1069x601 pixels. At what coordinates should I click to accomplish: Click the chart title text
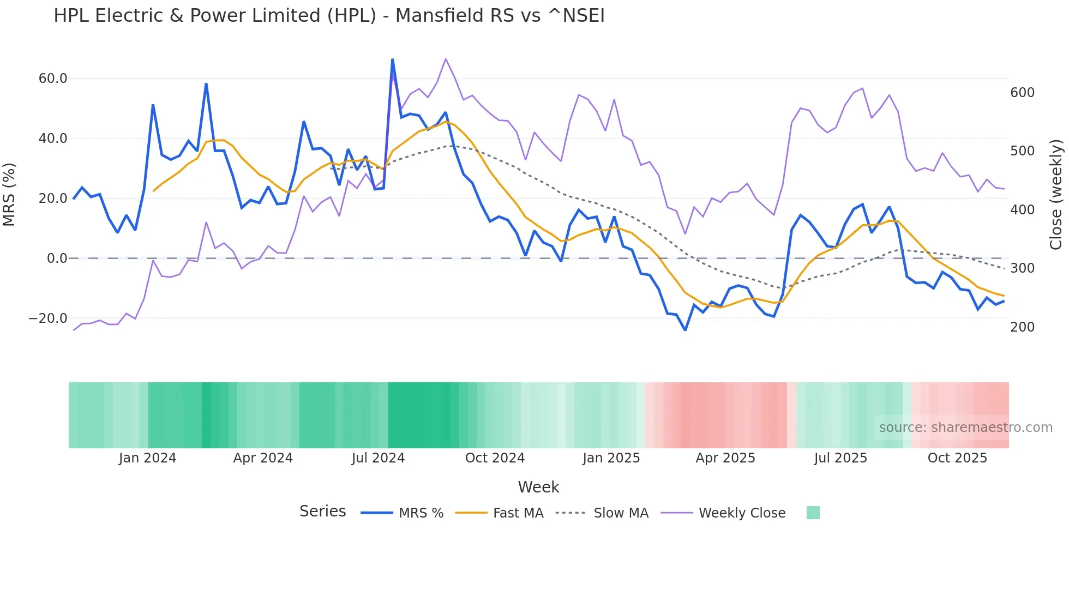pos(329,16)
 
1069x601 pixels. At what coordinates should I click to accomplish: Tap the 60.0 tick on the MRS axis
pos(53,79)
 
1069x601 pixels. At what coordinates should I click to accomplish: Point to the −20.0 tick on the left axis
pos(48,318)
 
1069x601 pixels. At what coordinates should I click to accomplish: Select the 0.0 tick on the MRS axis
pos(57,259)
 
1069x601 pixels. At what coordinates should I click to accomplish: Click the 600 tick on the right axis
pos(1022,93)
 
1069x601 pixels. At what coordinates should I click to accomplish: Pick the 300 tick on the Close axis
pos(1022,268)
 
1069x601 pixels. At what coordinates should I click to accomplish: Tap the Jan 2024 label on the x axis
pos(147,458)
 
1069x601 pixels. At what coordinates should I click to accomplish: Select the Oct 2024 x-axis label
pos(495,458)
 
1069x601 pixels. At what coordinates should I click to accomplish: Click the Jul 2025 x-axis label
pos(840,458)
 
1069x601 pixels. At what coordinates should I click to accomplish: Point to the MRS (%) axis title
pos(9,194)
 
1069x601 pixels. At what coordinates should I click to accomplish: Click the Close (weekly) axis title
pos(1056,194)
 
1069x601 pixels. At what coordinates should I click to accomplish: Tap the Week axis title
pos(538,487)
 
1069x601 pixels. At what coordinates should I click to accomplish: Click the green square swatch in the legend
pos(813,513)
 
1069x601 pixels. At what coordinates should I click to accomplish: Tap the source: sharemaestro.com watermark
pos(965,428)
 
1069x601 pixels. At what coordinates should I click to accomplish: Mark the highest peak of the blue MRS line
pos(392,59)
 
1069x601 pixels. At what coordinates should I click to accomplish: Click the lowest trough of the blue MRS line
pos(685,330)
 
